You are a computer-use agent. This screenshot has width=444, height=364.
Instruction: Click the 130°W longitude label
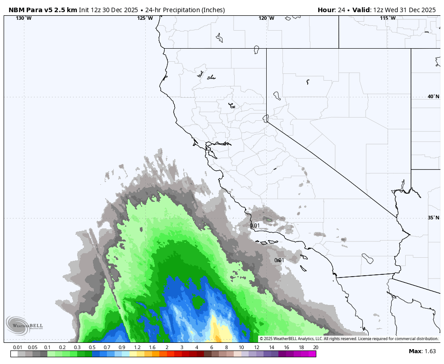tap(23, 18)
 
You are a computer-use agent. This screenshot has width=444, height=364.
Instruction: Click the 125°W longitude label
tap(145, 18)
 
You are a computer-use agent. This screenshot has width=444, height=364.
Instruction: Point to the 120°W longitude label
tap(266, 18)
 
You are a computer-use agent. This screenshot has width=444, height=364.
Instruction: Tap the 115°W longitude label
tap(388, 18)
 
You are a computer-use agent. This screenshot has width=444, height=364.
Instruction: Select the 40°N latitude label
tap(433, 96)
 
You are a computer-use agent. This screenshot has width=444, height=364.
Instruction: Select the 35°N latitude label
tap(433, 218)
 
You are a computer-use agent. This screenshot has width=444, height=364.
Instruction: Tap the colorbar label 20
tap(315, 347)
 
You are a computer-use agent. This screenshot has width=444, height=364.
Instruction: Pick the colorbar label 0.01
tap(18, 347)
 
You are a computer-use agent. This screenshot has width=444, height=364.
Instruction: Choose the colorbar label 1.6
tap(152, 347)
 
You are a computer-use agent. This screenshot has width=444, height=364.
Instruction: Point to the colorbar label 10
tap(241, 347)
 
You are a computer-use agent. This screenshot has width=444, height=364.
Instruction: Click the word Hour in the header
tap(326, 10)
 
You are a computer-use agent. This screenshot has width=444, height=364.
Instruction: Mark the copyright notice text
tap(349, 339)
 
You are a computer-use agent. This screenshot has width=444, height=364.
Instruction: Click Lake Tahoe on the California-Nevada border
tap(266, 118)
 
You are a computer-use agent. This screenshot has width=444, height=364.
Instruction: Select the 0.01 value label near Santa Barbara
tap(255, 226)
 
